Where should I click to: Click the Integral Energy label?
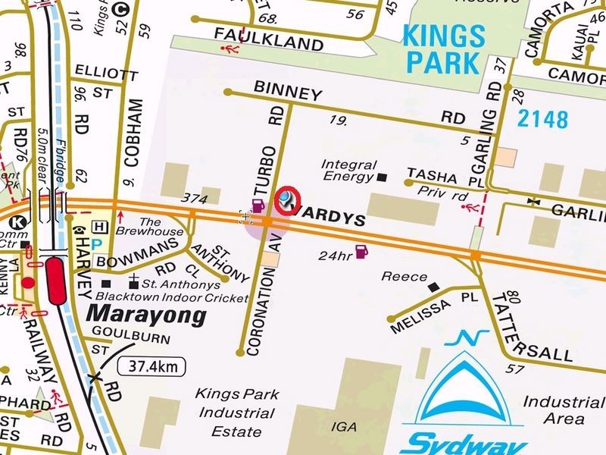tap(348, 171)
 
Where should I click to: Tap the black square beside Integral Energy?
tap(383, 177)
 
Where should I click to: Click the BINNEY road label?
tap(288, 93)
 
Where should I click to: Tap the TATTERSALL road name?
tap(509, 329)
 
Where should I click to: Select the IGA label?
tap(345, 427)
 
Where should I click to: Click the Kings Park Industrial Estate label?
tap(236, 413)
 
